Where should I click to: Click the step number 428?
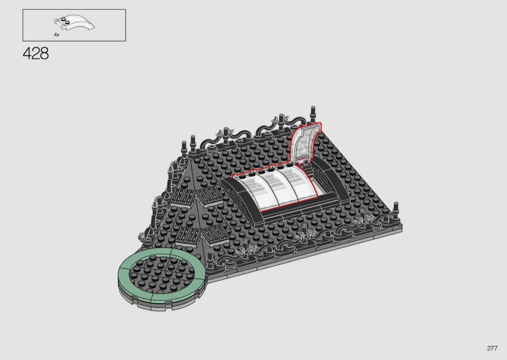point(36,53)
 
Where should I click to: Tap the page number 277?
point(492,348)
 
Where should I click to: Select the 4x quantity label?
point(56,35)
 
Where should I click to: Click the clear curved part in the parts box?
point(74,23)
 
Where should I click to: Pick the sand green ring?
point(162,297)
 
